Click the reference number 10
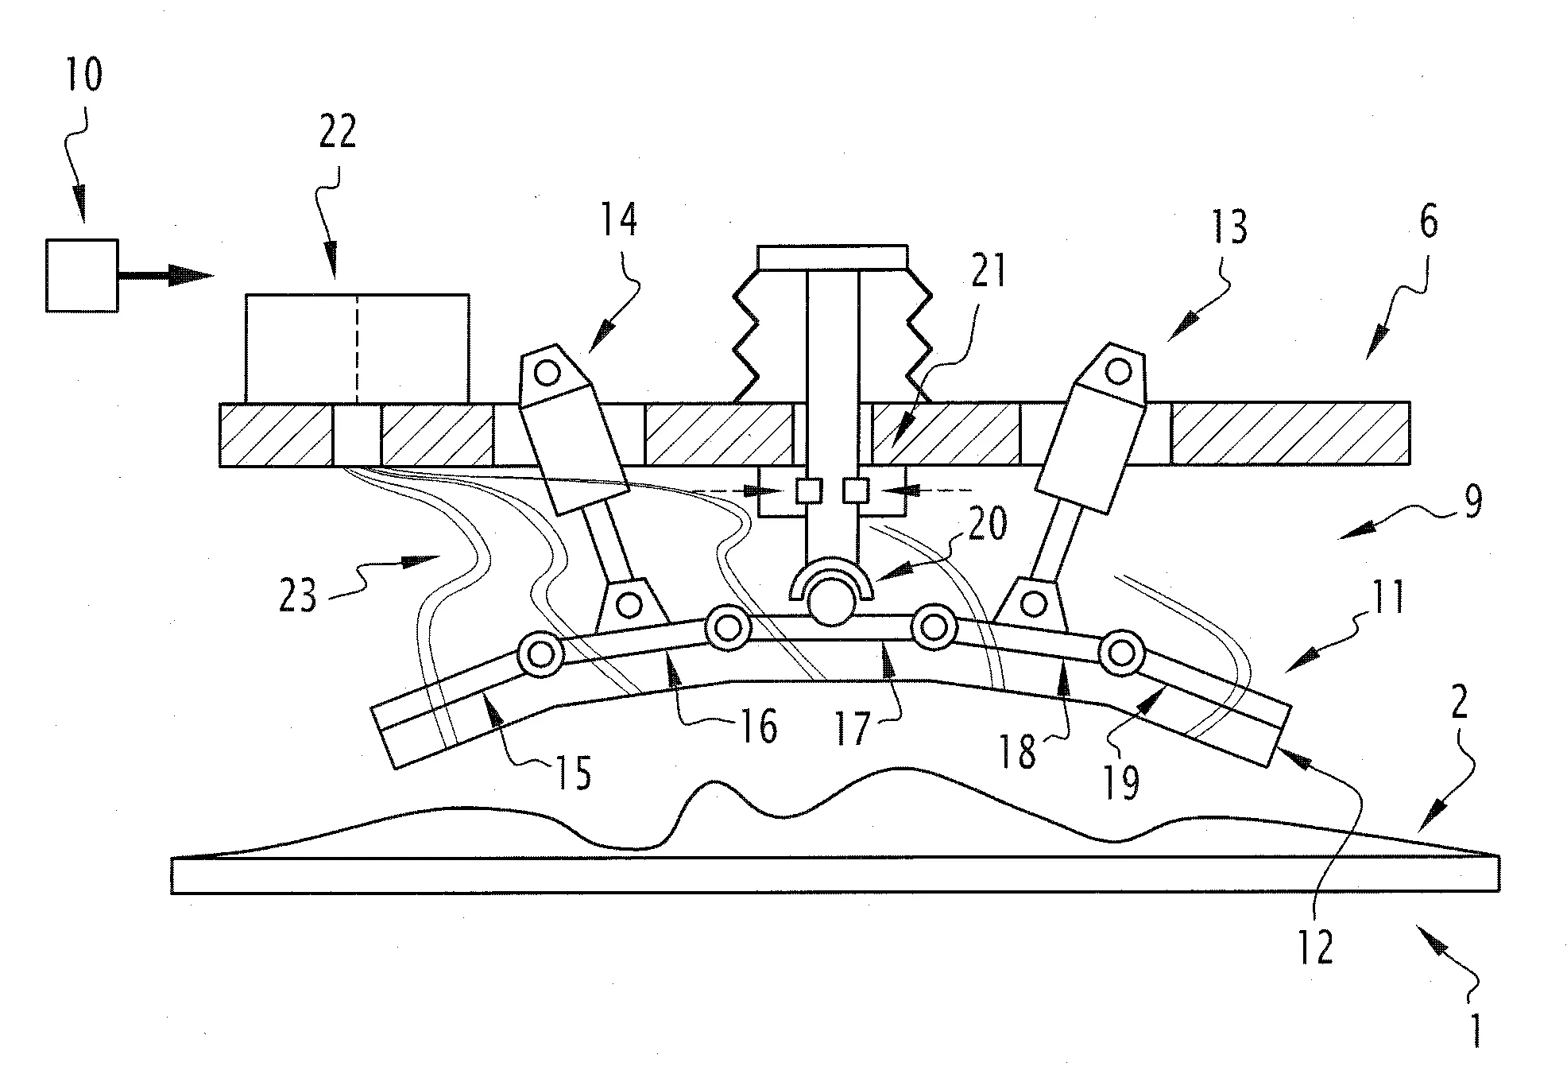(x=83, y=76)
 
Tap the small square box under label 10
(x=82, y=275)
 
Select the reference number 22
(x=338, y=132)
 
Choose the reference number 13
(x=1228, y=227)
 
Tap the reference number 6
(x=1428, y=223)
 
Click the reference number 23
(x=298, y=595)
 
